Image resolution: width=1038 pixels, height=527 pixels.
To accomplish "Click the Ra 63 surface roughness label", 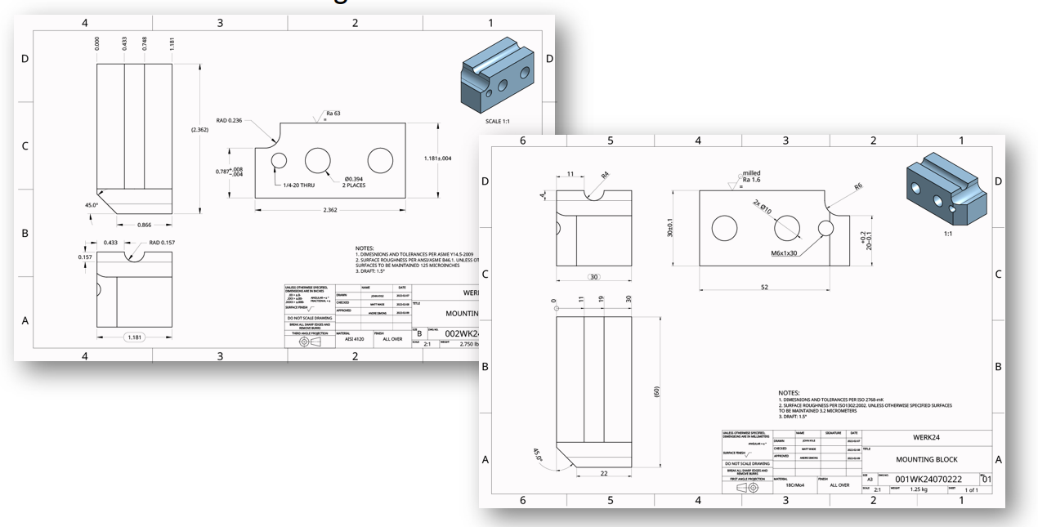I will click(x=333, y=114).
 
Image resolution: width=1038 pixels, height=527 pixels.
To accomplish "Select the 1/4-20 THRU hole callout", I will click(x=300, y=185).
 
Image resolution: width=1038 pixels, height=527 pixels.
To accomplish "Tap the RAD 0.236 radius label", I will click(x=230, y=120).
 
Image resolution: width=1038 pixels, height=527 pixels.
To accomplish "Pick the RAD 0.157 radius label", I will click(x=161, y=243).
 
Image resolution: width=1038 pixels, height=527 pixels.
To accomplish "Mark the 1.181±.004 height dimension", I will click(x=438, y=159).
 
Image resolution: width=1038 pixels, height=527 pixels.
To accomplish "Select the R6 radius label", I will click(x=857, y=187).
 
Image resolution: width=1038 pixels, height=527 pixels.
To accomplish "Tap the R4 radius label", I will click(x=605, y=175).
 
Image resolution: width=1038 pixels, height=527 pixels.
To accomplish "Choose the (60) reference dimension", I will click(x=656, y=391).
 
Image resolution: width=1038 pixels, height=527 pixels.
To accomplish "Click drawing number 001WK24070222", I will click(x=928, y=480).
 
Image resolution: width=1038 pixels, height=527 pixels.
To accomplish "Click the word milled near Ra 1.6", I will click(x=751, y=173).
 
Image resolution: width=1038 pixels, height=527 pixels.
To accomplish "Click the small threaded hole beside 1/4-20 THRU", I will click(x=279, y=160).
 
